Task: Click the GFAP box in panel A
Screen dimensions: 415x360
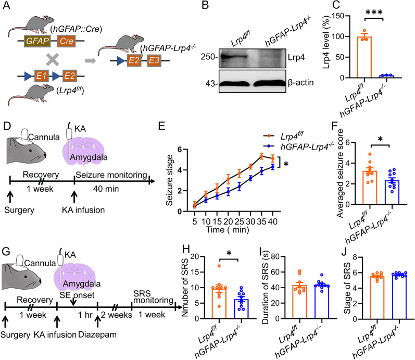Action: [x=37, y=41]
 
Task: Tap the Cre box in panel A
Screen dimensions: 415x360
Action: [x=66, y=41]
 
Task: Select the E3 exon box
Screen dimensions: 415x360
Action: [x=154, y=60]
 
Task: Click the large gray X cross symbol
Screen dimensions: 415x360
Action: [x=53, y=59]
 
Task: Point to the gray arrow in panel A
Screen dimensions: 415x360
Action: [x=90, y=60]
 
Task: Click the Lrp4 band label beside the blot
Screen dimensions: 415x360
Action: [x=296, y=57]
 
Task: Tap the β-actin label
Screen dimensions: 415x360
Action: [x=300, y=83]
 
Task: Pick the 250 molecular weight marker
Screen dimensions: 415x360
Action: [x=209, y=57]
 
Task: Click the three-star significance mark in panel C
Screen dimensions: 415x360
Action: [x=374, y=13]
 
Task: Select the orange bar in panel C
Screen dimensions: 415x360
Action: [x=364, y=57]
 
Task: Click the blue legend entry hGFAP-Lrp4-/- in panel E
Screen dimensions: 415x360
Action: [x=299, y=146]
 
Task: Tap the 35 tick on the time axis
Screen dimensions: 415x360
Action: [x=261, y=221]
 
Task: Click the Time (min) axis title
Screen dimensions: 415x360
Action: [x=228, y=229]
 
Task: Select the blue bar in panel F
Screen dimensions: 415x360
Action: [x=392, y=192]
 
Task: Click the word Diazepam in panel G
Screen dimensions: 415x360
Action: [x=97, y=334]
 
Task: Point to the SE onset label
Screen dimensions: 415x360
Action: [x=77, y=295]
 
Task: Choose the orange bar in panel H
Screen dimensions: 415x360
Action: [x=219, y=303]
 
